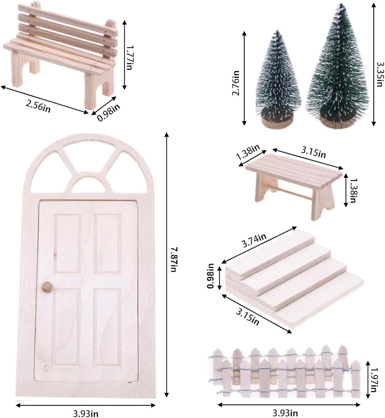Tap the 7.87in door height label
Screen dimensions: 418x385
pyautogui.click(x=174, y=260)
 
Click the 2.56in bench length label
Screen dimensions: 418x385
pyautogui.click(x=38, y=105)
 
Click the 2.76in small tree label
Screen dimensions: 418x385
pyautogui.click(x=236, y=83)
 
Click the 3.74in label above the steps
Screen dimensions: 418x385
pyautogui.click(x=254, y=240)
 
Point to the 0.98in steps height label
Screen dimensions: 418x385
pyautogui.click(x=211, y=276)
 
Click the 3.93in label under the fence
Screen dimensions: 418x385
pyautogui.click(x=285, y=413)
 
